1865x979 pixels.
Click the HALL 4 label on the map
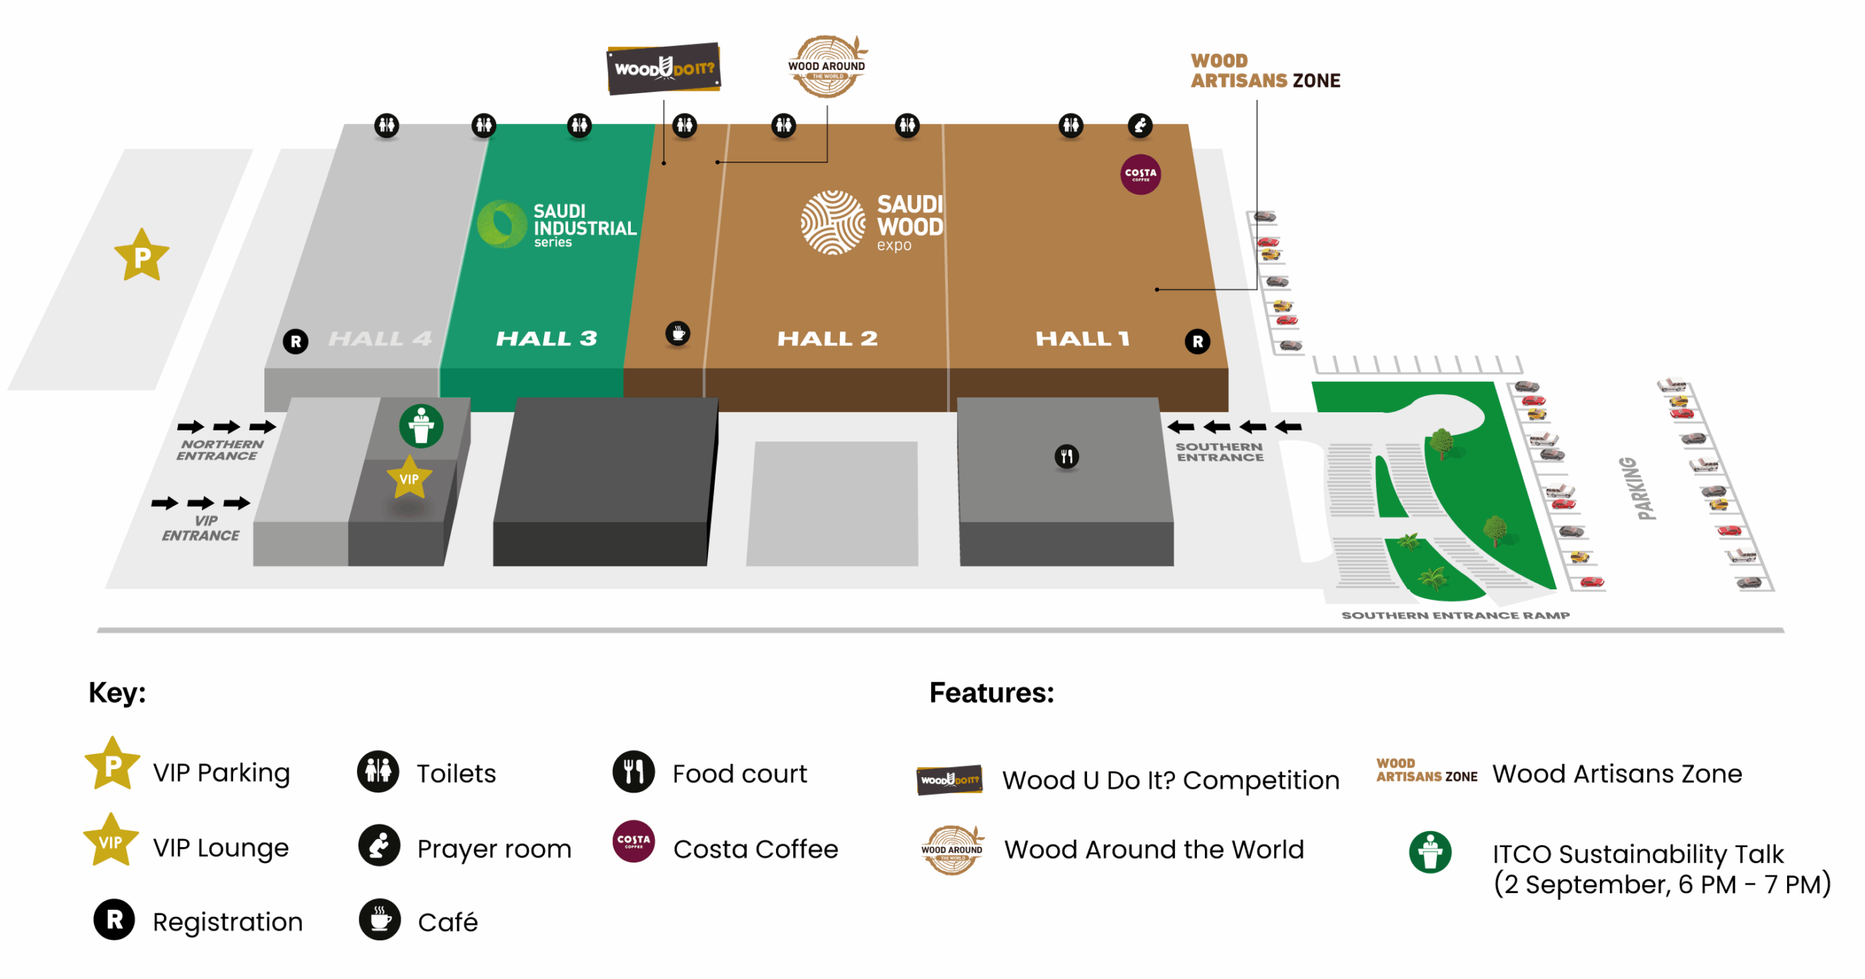(380, 339)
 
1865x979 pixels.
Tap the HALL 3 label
(546, 339)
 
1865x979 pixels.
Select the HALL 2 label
(828, 339)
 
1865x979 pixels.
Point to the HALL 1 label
(1083, 339)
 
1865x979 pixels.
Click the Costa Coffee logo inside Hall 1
(1140, 175)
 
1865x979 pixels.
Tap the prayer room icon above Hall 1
(1140, 125)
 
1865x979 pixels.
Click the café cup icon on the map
(678, 334)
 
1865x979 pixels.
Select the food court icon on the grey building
(1067, 457)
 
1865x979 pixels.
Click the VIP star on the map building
(409, 479)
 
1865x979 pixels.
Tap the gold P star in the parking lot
(142, 256)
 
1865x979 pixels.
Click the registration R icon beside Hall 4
(296, 341)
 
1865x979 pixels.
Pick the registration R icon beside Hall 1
(1198, 341)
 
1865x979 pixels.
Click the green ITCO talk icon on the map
(421, 426)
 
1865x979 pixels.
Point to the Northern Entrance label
(220, 449)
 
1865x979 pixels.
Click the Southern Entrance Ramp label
(1456, 616)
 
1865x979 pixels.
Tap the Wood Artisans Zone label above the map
(1265, 71)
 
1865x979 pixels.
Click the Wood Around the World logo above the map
(827, 67)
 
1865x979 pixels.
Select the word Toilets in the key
(456, 774)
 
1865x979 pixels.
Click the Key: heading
(117, 693)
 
